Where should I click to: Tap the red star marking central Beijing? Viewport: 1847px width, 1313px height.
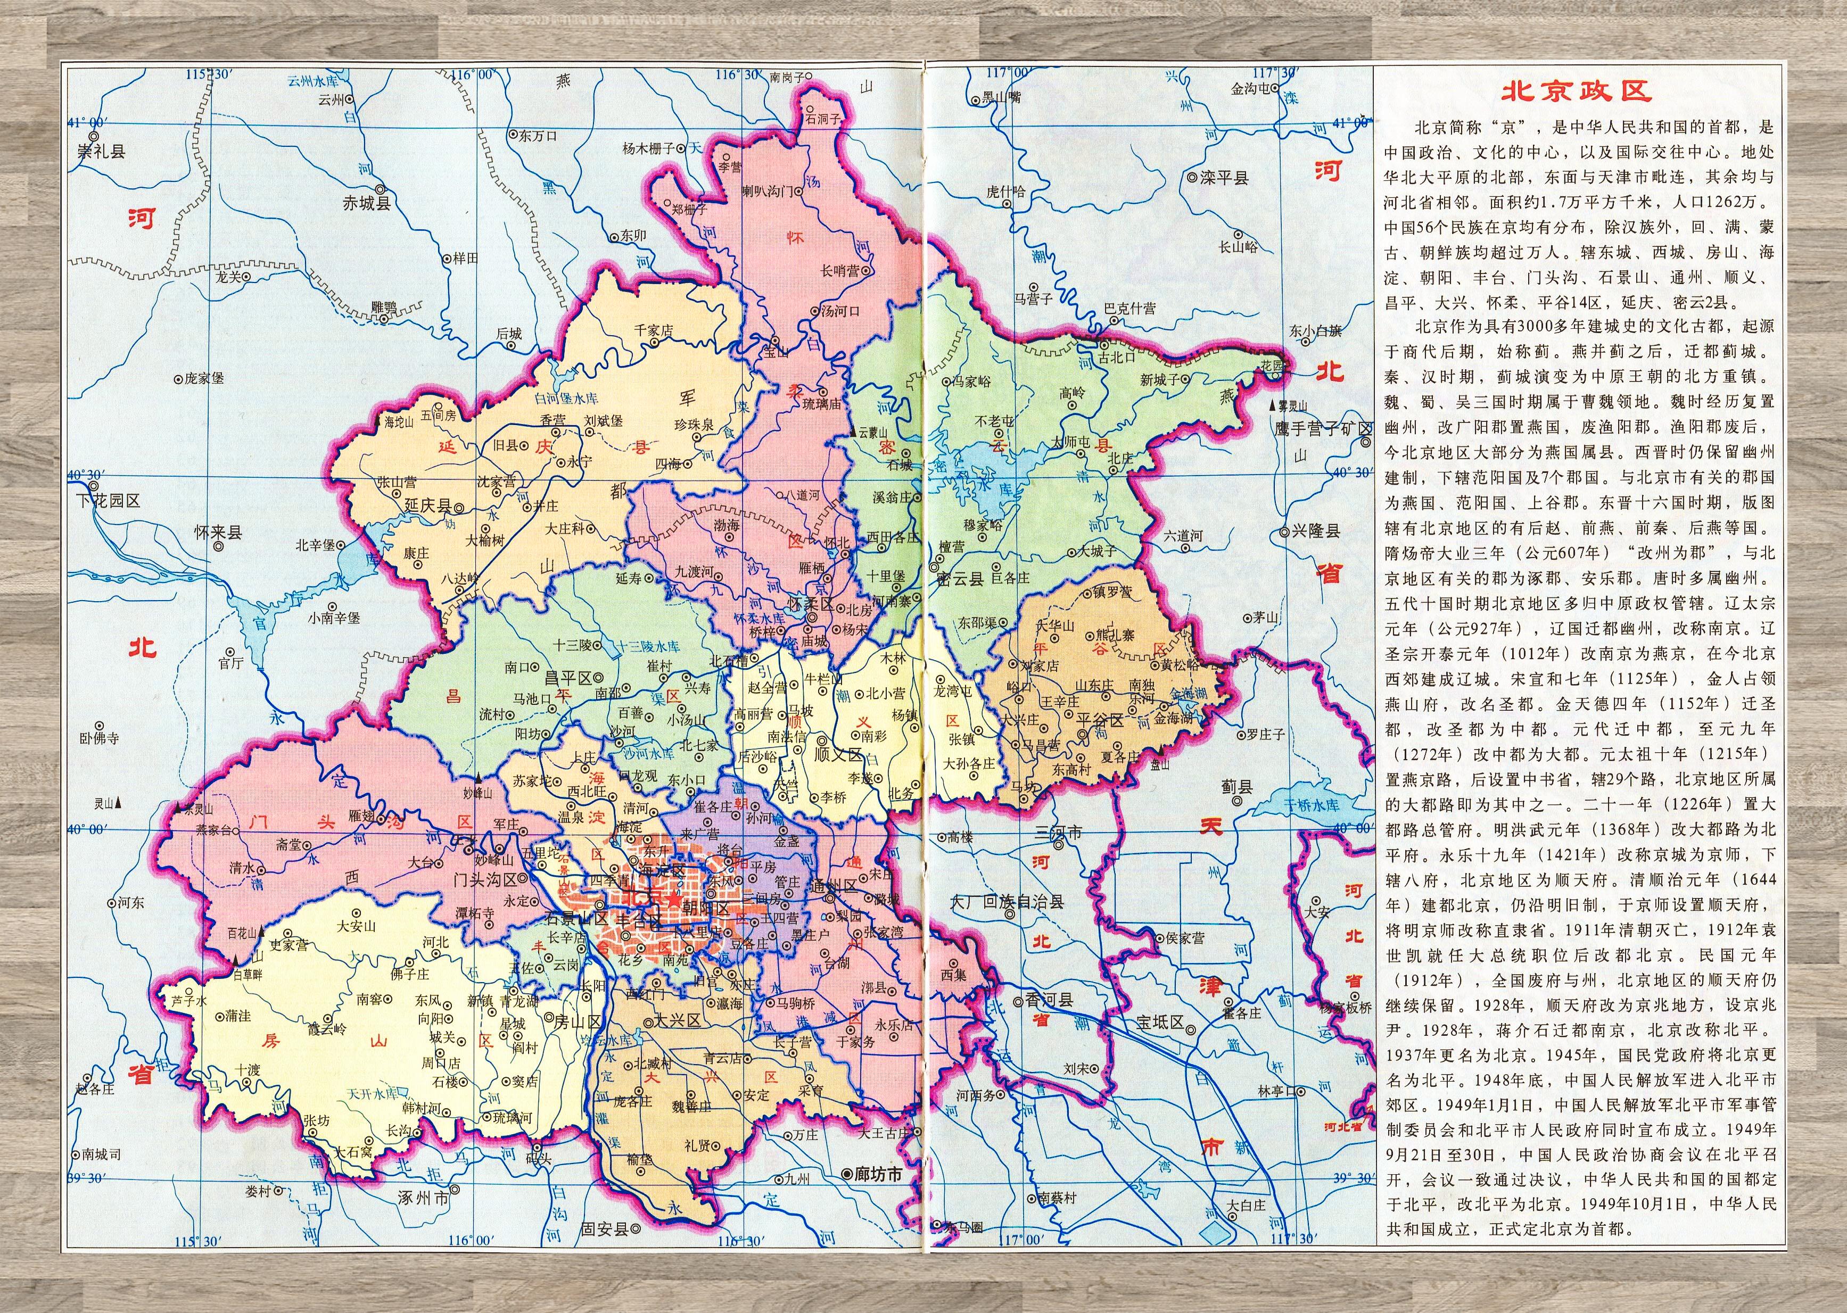coord(673,899)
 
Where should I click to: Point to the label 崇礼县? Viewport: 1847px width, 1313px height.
coord(101,151)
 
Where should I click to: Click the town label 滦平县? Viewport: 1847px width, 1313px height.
coord(1224,177)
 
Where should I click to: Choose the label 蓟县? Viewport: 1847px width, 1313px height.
coord(1236,785)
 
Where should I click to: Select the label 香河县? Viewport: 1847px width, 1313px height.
coord(1048,1000)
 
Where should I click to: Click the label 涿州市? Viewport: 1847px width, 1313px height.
coord(423,1198)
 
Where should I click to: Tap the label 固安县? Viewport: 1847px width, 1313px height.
coord(604,1229)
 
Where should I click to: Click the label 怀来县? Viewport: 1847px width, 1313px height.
coord(218,533)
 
